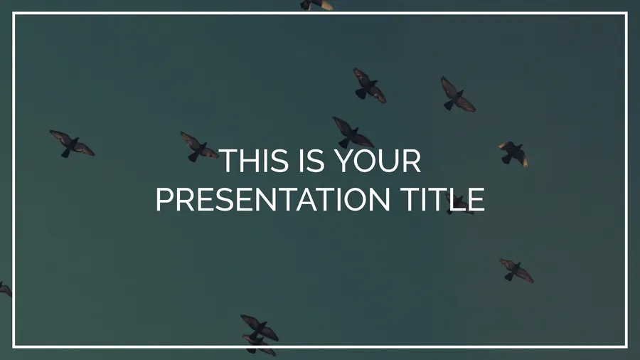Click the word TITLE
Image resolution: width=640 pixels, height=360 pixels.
pyautogui.click(x=442, y=199)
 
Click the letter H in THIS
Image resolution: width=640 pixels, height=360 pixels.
pyautogui.click(x=250, y=160)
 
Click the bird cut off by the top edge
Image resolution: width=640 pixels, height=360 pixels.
pyautogui.click(x=316, y=4)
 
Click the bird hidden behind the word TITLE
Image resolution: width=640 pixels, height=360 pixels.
pyautogui.click(x=459, y=203)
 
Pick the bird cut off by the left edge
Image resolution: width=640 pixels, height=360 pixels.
pyautogui.click(x=5, y=289)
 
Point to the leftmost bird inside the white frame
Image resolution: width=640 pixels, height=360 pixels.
pyautogui.click(x=72, y=144)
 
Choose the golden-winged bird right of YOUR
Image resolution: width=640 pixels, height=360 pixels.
pyautogui.click(x=513, y=154)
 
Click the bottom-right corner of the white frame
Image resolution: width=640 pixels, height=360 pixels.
pyautogui.click(x=626, y=346)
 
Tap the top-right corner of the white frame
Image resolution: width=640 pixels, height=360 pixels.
pyautogui.click(x=626, y=14)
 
